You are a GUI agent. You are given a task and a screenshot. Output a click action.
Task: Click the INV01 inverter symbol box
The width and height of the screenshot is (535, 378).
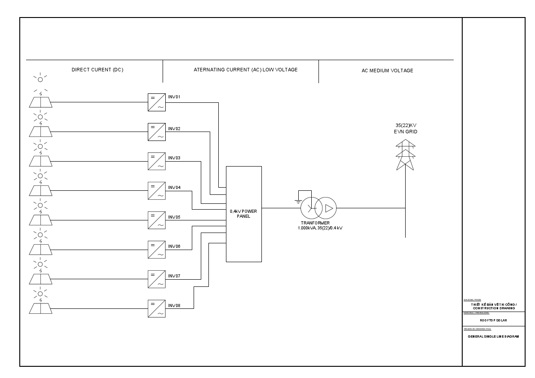coord(156,102)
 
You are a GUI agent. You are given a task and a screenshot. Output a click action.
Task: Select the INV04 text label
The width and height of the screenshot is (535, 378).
coord(174,187)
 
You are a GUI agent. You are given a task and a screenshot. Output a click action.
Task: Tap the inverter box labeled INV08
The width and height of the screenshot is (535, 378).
coord(156,309)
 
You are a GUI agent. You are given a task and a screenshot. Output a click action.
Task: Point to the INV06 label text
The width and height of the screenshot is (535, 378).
coord(174,246)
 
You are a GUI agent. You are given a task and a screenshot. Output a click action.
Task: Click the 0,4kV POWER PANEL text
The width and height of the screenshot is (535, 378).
coord(243,213)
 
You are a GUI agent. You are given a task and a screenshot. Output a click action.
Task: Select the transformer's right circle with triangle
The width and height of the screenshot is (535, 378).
coord(325,208)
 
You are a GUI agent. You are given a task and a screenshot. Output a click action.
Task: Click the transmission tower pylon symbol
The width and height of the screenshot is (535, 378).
coord(405,155)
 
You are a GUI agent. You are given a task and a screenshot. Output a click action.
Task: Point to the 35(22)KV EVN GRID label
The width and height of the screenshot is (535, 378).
coord(406,128)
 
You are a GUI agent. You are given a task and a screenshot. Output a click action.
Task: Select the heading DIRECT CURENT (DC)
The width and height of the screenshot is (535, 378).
coord(97,70)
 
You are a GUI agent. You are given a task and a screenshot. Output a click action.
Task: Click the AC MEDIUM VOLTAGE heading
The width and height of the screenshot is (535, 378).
coord(387,70)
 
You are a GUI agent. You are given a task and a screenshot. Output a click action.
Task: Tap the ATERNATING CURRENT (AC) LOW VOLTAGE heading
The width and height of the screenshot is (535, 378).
coord(246,70)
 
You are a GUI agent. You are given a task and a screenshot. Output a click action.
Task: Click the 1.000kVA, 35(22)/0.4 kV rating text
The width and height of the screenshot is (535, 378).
coord(320,228)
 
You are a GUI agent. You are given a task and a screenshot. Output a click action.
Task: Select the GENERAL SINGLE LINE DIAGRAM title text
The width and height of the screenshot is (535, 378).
coord(493,337)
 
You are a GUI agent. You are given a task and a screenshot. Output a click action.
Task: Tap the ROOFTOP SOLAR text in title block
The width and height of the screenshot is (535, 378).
coord(493,320)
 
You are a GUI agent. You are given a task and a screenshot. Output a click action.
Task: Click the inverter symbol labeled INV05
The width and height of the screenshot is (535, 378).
coord(156,220)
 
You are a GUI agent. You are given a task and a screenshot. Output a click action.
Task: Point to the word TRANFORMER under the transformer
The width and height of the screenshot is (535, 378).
coord(315,223)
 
